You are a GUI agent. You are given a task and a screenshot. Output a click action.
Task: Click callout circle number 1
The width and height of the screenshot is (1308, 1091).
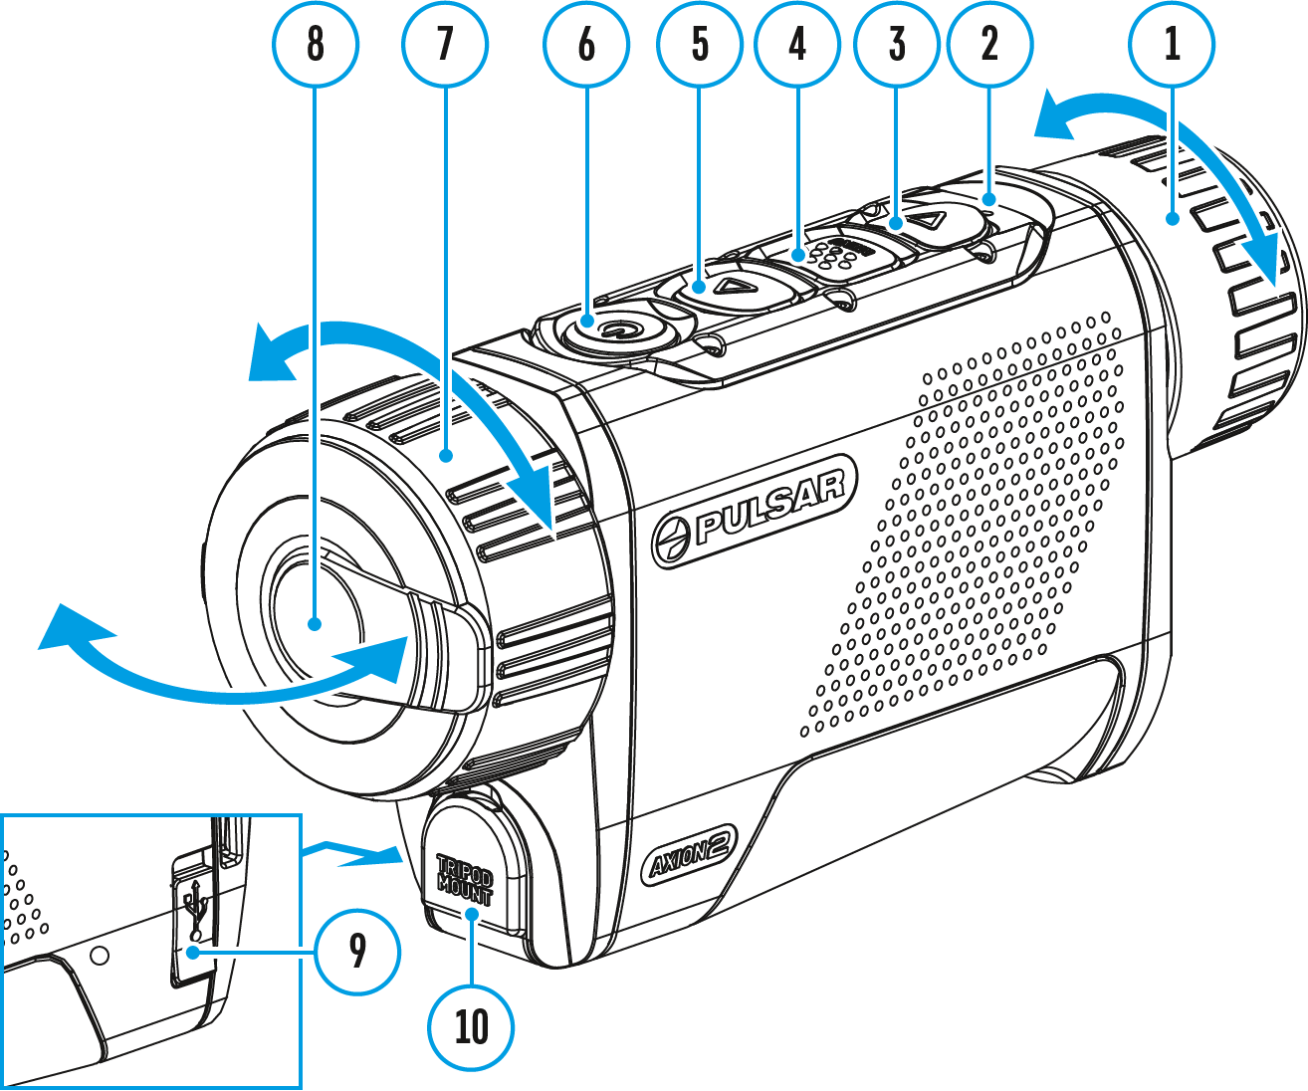point(1172,44)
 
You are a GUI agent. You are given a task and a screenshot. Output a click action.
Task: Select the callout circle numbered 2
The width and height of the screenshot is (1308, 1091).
point(989,44)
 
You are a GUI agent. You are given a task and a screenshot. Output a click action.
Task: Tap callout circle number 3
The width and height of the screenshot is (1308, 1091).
point(897,44)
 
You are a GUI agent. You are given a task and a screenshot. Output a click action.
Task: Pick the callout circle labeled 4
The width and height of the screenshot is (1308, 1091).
point(797,44)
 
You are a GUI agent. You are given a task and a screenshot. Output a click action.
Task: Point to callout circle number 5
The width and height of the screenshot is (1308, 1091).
point(700,44)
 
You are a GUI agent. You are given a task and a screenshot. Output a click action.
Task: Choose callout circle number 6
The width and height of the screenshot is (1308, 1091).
point(585,44)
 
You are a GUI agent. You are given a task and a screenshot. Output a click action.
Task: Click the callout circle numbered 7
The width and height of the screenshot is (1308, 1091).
point(444,44)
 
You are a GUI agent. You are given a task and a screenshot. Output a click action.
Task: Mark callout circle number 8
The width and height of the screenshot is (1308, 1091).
point(316,44)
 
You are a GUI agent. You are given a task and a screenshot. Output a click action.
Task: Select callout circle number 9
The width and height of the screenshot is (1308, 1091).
point(357,952)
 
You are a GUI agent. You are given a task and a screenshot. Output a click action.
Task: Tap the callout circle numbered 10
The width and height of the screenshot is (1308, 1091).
point(471,1026)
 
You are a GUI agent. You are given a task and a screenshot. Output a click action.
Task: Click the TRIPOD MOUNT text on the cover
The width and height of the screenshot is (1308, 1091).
point(465,876)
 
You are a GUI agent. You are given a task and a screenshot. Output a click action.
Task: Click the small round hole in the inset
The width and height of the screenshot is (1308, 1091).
point(99,956)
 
